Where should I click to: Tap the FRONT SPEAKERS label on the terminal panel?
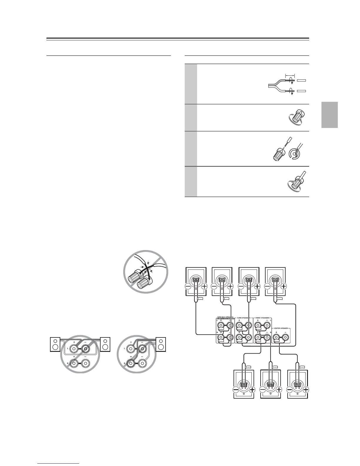click(262, 318)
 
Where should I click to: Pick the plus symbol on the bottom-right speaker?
click(306, 390)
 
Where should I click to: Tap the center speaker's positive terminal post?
click(276, 337)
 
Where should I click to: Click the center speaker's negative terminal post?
click(286, 337)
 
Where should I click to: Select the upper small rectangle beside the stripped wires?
click(301, 80)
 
